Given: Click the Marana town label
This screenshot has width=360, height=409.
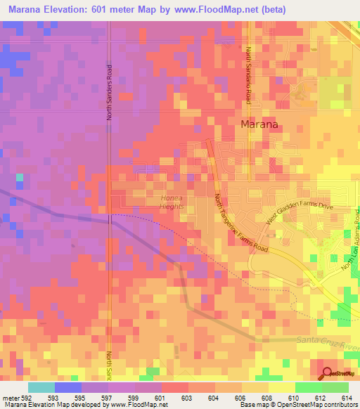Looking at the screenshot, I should pos(259,124).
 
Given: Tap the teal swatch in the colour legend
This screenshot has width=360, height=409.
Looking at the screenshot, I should pos(41,387).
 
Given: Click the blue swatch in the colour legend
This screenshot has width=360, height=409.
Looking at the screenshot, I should pos(67,387).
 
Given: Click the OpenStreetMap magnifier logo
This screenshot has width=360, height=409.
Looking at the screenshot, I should pos(327,374).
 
